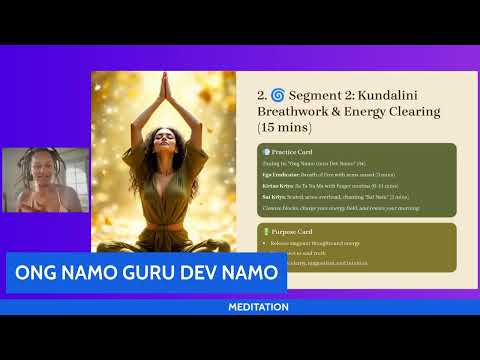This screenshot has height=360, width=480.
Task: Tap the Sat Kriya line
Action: click(330, 197)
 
